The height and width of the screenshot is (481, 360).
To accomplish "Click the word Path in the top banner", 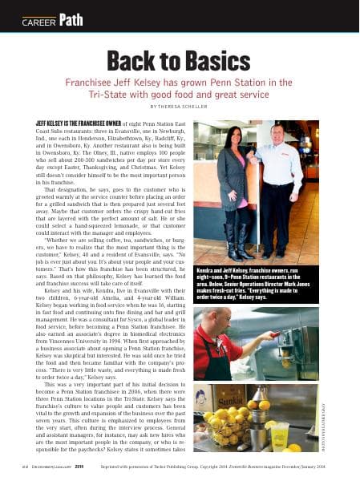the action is [x=71, y=19].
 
